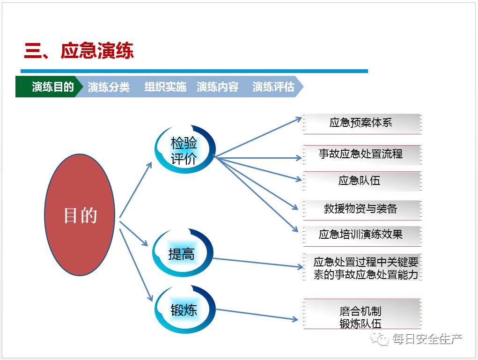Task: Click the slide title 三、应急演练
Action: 79,51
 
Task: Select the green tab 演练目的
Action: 52,87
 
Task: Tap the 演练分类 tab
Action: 109,87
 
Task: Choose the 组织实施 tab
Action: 165,87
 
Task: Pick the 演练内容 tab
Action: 218,87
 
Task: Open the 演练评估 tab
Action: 273,87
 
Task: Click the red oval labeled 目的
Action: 80,215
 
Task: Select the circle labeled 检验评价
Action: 184,151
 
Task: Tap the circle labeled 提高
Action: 182,254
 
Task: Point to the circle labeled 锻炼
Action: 184,309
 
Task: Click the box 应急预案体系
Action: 361,124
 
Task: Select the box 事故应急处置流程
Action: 361,154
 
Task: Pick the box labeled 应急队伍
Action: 361,181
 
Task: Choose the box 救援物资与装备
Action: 361,209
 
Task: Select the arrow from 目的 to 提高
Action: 133,234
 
